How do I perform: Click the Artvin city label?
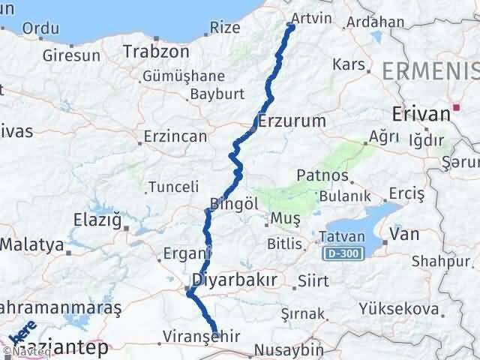click(x=308, y=16)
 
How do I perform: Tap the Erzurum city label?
click(x=292, y=120)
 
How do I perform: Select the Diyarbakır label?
click(x=235, y=280)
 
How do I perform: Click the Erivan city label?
click(x=421, y=114)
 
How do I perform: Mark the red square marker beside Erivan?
click(x=456, y=108)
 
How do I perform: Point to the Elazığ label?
click(x=96, y=220)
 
